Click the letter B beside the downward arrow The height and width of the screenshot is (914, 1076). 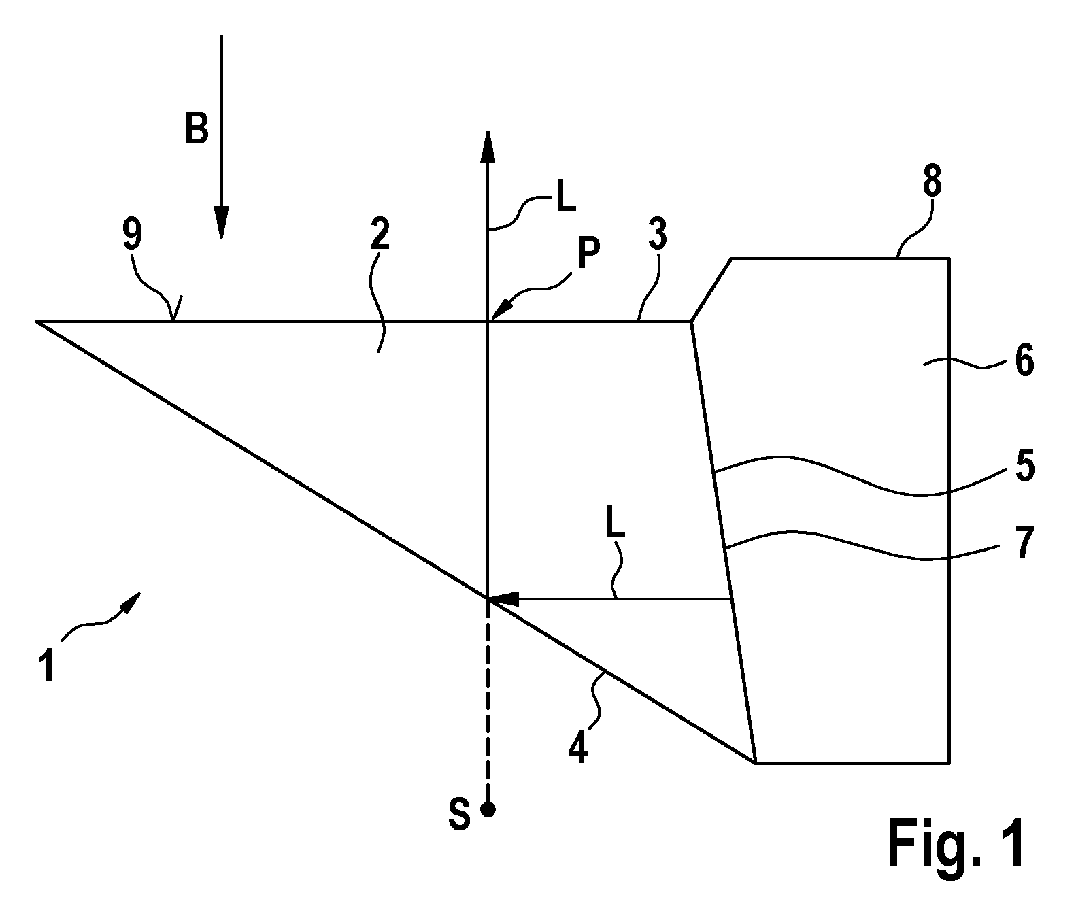197,129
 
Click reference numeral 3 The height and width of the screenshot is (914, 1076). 657,234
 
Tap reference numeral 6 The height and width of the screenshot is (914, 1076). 1024,361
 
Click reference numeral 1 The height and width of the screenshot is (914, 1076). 47,665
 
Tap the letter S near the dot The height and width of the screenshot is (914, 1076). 459,815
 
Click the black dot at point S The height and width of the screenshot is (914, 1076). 488,809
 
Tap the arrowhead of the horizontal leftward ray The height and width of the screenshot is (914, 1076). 504,599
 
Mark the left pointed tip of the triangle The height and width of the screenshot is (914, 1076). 37,321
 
